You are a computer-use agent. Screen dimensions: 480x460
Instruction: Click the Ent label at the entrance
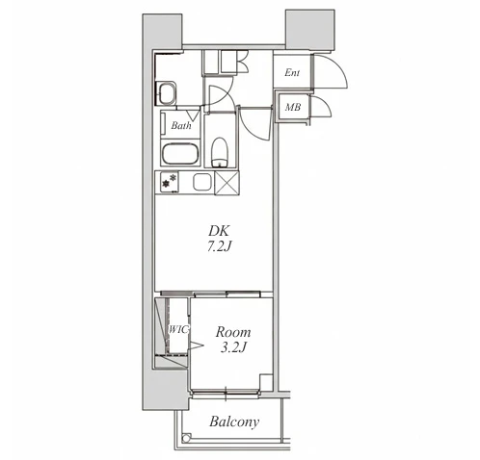tap(292, 73)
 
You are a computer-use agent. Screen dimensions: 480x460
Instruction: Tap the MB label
tap(293, 107)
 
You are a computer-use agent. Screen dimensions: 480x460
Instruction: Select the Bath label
tap(181, 125)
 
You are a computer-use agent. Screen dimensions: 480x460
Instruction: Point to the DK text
tap(220, 230)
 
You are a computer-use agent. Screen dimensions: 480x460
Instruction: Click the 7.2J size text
tap(220, 246)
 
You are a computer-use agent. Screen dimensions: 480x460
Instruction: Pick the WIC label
tap(178, 329)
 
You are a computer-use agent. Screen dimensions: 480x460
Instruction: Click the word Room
tap(233, 332)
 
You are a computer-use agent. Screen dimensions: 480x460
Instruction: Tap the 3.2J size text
tap(233, 347)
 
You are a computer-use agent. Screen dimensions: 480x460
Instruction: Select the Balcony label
tap(234, 422)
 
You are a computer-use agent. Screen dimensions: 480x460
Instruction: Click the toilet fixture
tap(220, 152)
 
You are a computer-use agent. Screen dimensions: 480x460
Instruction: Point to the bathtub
tap(179, 154)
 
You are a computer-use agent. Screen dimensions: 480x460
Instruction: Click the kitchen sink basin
tap(203, 182)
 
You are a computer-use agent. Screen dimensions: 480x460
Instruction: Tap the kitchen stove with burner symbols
tap(168, 182)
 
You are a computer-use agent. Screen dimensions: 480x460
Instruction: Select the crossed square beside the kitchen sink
tap(227, 183)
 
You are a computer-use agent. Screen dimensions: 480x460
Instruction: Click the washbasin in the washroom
tap(166, 93)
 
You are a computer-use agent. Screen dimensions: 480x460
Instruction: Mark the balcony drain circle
tap(186, 437)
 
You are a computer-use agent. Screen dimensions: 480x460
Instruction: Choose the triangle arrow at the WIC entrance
tap(196, 345)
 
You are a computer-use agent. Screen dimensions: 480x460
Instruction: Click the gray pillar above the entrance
tap(310, 30)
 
